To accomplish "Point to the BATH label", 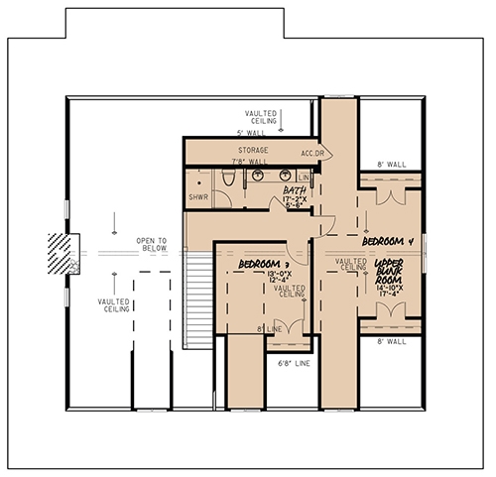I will (294, 189).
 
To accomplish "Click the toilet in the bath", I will (227, 179).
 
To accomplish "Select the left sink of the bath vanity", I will (257, 177).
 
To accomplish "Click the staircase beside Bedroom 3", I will (200, 298).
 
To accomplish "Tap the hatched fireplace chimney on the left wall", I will (62, 253).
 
